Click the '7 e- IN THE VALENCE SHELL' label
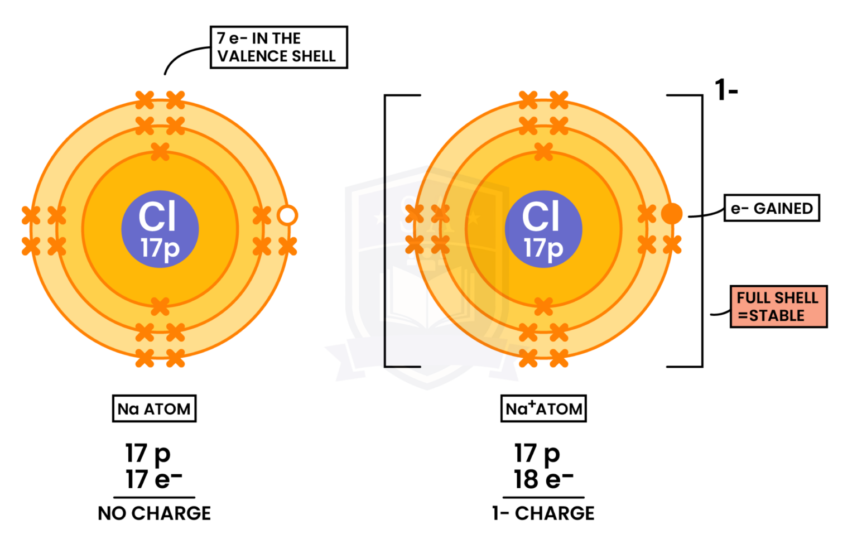[x=278, y=47]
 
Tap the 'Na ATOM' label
[x=154, y=409]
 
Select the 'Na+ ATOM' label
[x=543, y=409]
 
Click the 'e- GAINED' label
[x=772, y=208]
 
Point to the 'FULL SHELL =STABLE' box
[x=778, y=306]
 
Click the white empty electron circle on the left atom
[x=287, y=215]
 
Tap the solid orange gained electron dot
[x=672, y=213]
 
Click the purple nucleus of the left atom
[x=160, y=229]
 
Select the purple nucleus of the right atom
[x=543, y=229]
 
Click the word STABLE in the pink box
[x=777, y=316]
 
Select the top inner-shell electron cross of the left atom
[x=160, y=151]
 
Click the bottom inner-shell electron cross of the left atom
[x=160, y=306]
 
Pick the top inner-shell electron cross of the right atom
[x=543, y=151]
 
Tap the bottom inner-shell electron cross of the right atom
[x=543, y=306]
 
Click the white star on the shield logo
[x=381, y=217]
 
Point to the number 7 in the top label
[x=221, y=39]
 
